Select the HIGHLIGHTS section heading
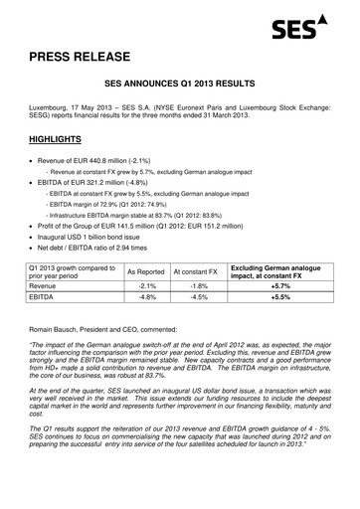point(63,140)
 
